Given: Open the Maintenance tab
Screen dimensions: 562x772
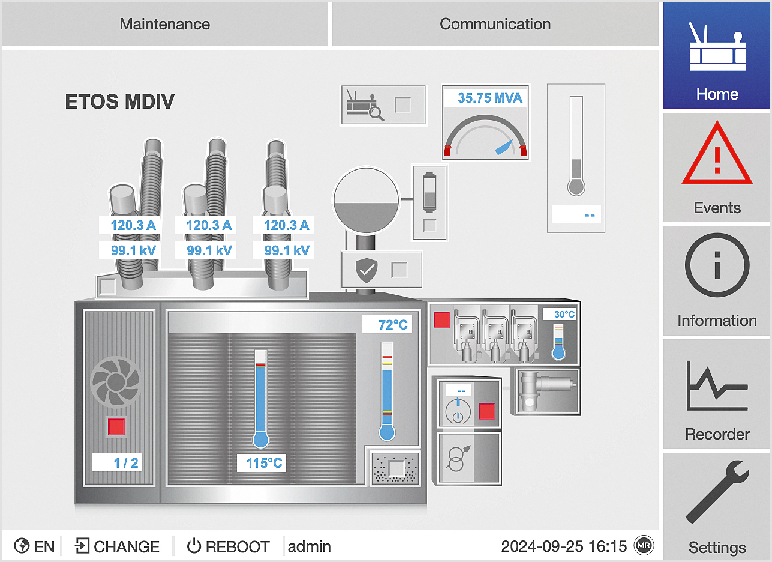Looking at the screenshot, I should (165, 25).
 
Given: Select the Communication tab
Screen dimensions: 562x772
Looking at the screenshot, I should (495, 25).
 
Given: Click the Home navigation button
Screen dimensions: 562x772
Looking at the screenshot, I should (717, 56).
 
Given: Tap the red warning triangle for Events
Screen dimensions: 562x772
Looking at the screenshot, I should (717, 155).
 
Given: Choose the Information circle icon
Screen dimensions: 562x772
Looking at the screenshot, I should (717, 265).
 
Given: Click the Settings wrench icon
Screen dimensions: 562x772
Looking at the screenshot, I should (717, 492).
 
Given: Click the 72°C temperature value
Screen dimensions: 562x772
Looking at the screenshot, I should (393, 325).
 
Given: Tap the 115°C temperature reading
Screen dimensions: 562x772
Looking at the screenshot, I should (264, 463).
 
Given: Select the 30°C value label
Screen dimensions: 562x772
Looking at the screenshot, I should (564, 314).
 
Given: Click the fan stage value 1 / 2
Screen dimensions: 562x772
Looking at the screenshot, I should (126, 462).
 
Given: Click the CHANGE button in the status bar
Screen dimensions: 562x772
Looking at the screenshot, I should (118, 546).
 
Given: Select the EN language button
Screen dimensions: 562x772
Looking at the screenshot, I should (35, 546).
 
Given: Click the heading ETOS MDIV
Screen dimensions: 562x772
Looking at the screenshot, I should (119, 102).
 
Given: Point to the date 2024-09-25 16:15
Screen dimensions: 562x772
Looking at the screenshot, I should (564, 546).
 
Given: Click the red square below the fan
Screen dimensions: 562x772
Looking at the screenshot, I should (116, 427).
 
